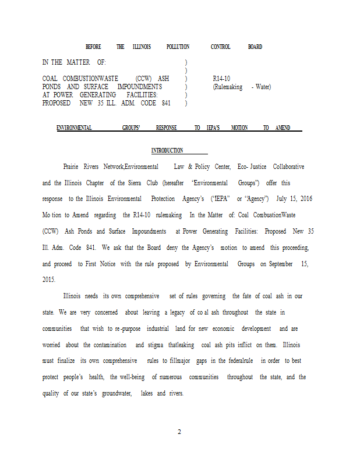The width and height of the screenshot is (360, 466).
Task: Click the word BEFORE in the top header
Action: pyautogui.click(x=93, y=47)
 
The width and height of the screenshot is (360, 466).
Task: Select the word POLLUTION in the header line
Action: pyautogui.click(x=178, y=47)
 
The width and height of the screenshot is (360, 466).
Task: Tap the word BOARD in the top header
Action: pyautogui.click(x=255, y=47)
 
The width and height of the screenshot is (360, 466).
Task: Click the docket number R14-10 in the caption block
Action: pyautogui.click(x=222, y=79)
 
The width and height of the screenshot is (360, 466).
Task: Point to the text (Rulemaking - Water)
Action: pyautogui.click(x=242, y=87)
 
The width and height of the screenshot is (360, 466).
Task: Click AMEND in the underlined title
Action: pyautogui.click(x=283, y=128)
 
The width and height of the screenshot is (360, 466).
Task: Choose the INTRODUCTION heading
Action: pyautogui.click(x=167, y=151)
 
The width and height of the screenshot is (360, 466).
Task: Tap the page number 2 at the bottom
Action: pyautogui.click(x=179, y=432)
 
